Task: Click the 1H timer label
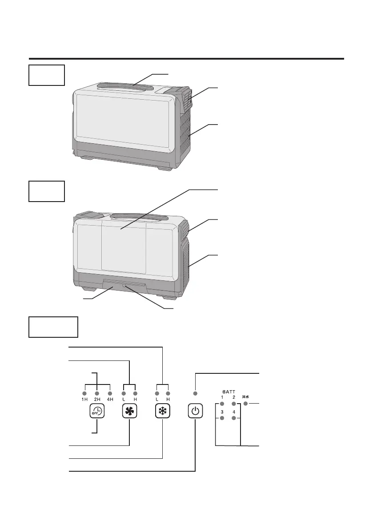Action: [84, 399]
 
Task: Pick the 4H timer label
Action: [110, 399]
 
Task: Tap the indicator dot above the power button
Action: [195, 393]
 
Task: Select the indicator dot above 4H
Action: [110, 393]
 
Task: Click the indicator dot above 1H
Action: [84, 393]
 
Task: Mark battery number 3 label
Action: [221, 412]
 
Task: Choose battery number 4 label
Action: [233, 412]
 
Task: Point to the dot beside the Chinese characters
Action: [245, 404]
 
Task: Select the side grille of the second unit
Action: [188, 267]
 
